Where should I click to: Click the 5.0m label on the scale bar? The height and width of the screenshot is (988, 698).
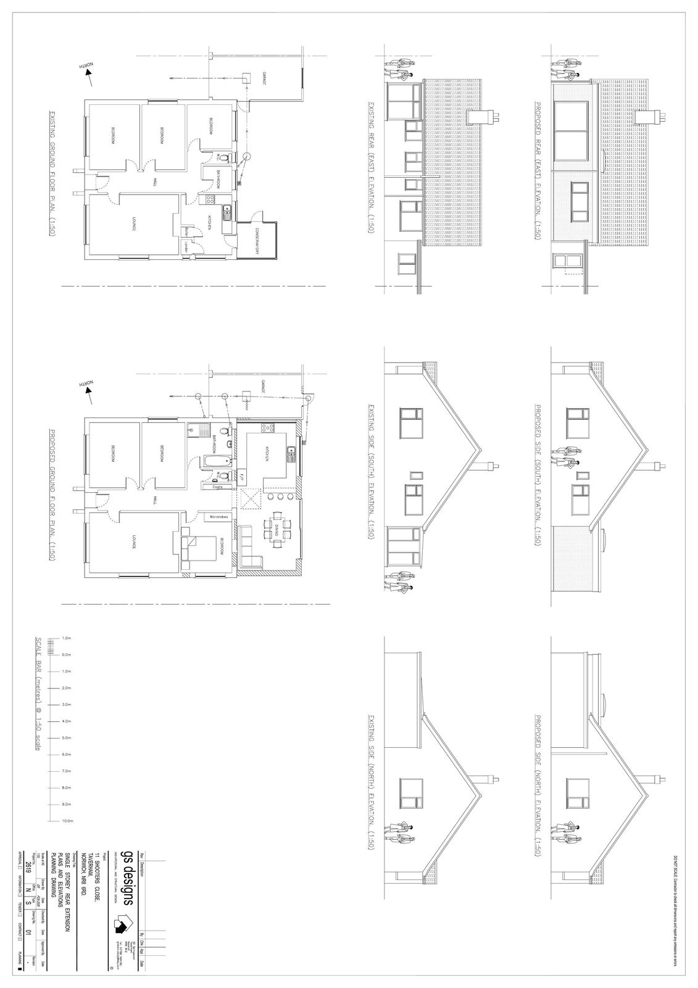point(68,738)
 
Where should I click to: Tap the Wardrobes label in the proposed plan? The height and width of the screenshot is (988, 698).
point(220,516)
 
